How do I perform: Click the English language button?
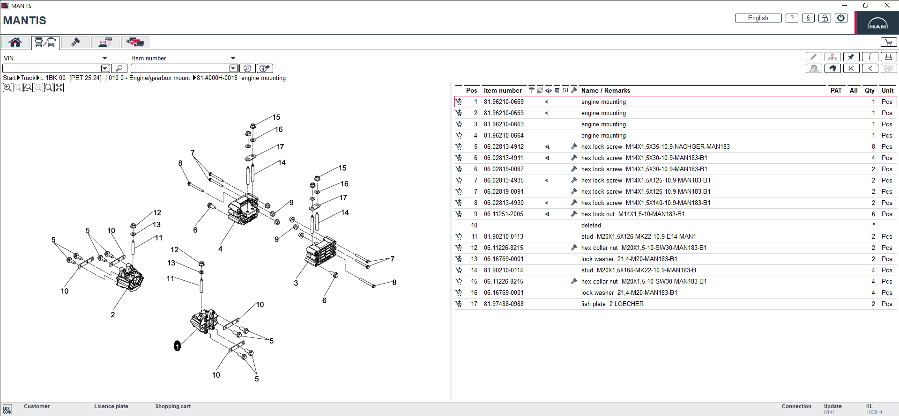tap(758, 18)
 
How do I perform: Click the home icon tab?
tap(15, 43)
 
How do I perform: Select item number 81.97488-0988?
tap(504, 304)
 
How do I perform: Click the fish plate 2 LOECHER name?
tap(612, 304)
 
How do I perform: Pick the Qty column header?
tap(869, 91)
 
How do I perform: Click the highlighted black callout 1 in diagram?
tap(177, 346)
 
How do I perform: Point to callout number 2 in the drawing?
tap(112, 315)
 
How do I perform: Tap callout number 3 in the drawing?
tap(296, 283)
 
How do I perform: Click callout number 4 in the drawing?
tap(220, 249)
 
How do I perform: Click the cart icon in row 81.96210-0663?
tap(459, 124)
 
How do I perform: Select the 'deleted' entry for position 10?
tap(591, 226)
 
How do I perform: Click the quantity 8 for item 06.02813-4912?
tap(873, 147)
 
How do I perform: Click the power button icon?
tap(841, 18)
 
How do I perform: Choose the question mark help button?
tap(792, 18)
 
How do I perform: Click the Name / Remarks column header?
tap(605, 91)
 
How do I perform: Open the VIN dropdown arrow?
tap(104, 58)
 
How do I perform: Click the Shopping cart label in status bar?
tap(173, 406)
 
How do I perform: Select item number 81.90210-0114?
tap(504, 270)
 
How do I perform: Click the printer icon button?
tap(888, 57)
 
